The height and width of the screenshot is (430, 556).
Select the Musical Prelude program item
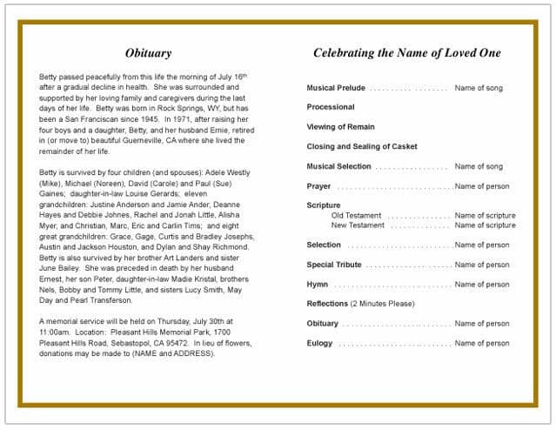pyautogui.click(x=336, y=88)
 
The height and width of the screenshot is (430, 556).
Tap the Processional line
pyautogui.click(x=330, y=107)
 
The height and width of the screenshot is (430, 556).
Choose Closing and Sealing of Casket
pyautogui.click(x=362, y=146)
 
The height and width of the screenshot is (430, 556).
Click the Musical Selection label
pyautogui.click(x=338, y=166)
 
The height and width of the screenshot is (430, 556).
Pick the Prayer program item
pyautogui.click(x=318, y=186)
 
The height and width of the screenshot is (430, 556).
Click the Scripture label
pyautogui.click(x=324, y=205)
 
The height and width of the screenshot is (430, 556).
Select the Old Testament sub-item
pyautogui.click(x=356, y=215)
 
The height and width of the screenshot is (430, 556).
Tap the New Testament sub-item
pyautogui.click(x=358, y=225)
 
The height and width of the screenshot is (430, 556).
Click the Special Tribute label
pyautogui.click(x=333, y=265)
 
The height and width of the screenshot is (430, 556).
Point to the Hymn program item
pyautogui.click(x=317, y=285)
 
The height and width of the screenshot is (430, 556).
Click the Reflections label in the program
pyautogui.click(x=327, y=304)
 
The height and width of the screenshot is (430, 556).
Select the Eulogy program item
pyautogui.click(x=319, y=343)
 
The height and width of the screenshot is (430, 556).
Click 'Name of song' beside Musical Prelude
pyautogui.click(x=479, y=88)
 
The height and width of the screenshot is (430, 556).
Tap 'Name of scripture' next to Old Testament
pyautogui.click(x=485, y=215)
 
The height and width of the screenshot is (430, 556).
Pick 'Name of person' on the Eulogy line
pyautogui.click(x=482, y=343)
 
